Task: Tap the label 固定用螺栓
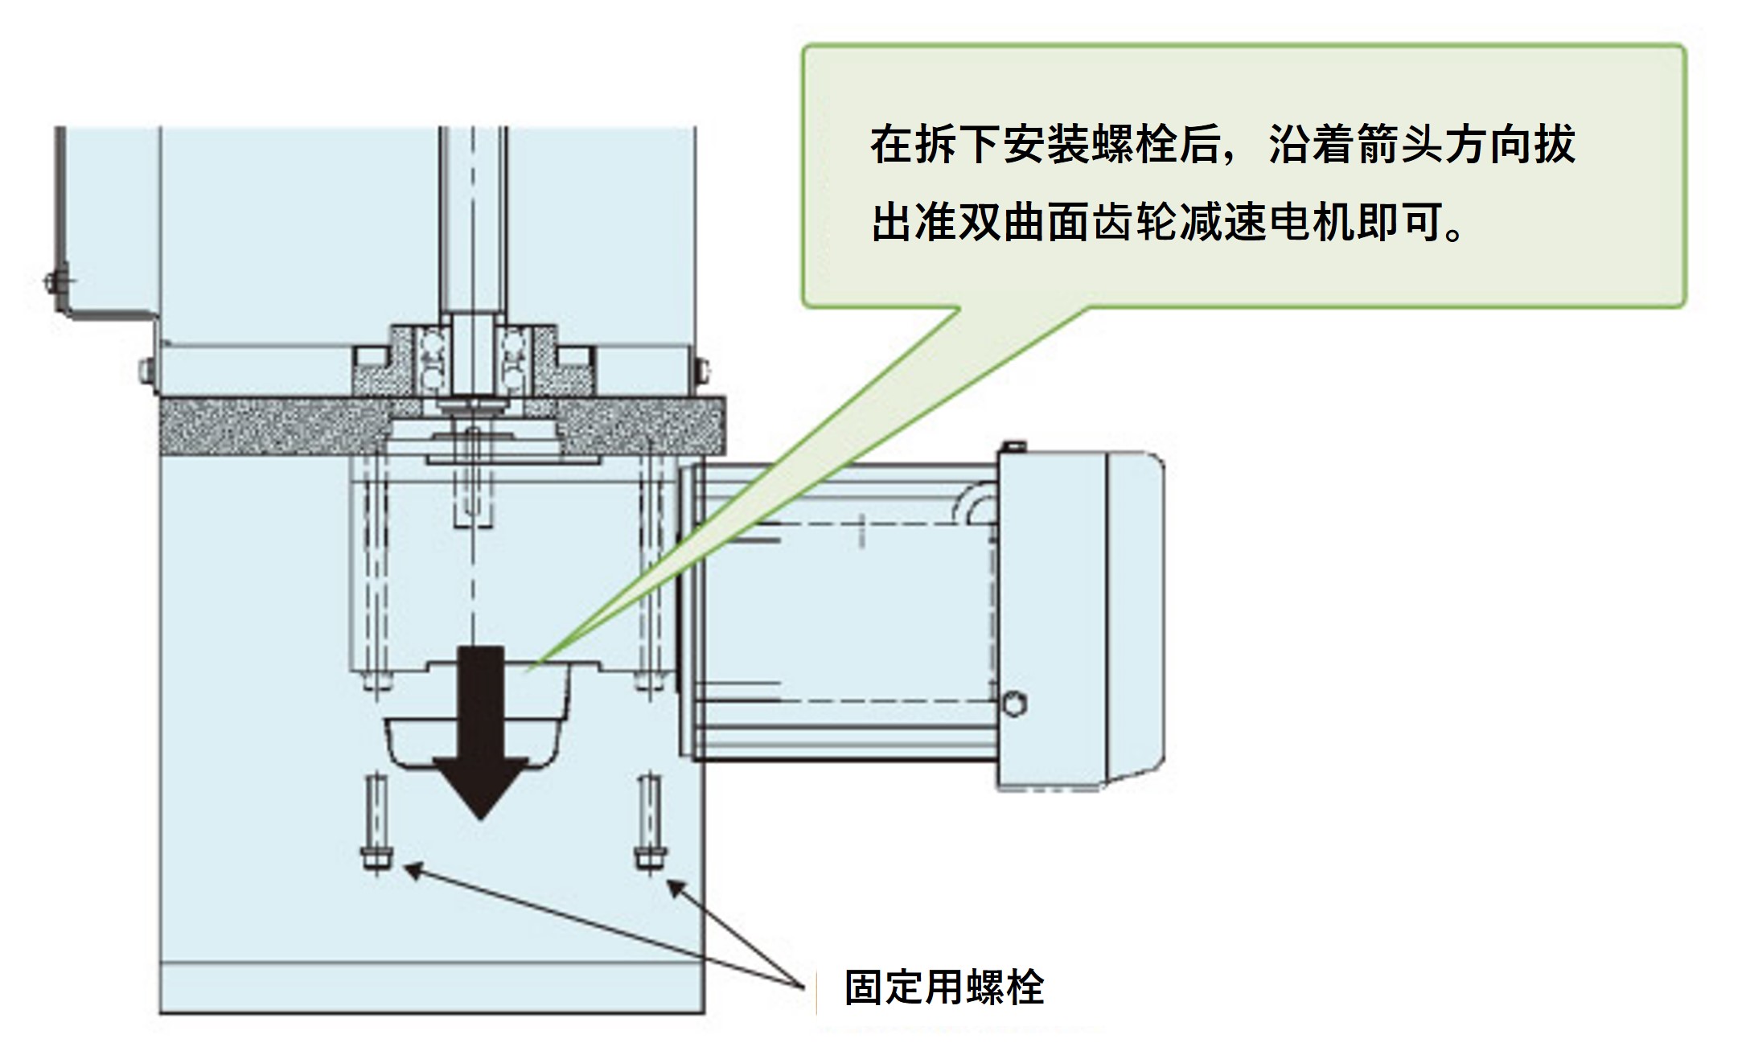click(944, 987)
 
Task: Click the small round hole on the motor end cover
click(1014, 704)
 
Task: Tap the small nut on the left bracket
click(52, 281)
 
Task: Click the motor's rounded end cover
click(1134, 619)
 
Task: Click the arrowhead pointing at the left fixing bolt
click(412, 869)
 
